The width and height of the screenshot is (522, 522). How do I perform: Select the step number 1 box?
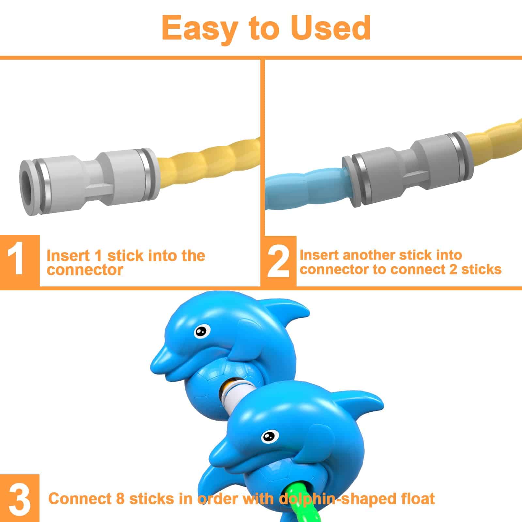coord(20,261)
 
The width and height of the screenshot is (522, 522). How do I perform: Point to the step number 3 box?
coord(20,498)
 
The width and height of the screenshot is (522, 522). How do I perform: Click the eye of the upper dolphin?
coord(202,331)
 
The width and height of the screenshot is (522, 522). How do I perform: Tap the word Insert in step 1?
coord(68,256)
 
